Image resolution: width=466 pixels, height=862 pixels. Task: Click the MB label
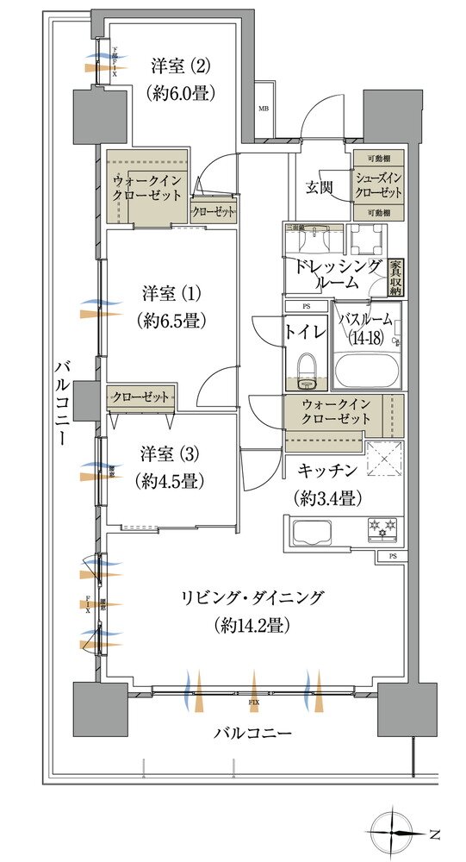pos(264,109)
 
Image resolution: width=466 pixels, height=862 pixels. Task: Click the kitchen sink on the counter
pos(308,528)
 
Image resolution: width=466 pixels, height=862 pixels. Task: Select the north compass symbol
pos(399,833)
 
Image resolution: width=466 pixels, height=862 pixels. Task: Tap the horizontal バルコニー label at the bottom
pos(252,734)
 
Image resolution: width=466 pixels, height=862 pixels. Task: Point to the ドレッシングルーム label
pos(337,273)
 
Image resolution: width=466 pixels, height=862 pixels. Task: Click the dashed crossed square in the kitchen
pos(383,459)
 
